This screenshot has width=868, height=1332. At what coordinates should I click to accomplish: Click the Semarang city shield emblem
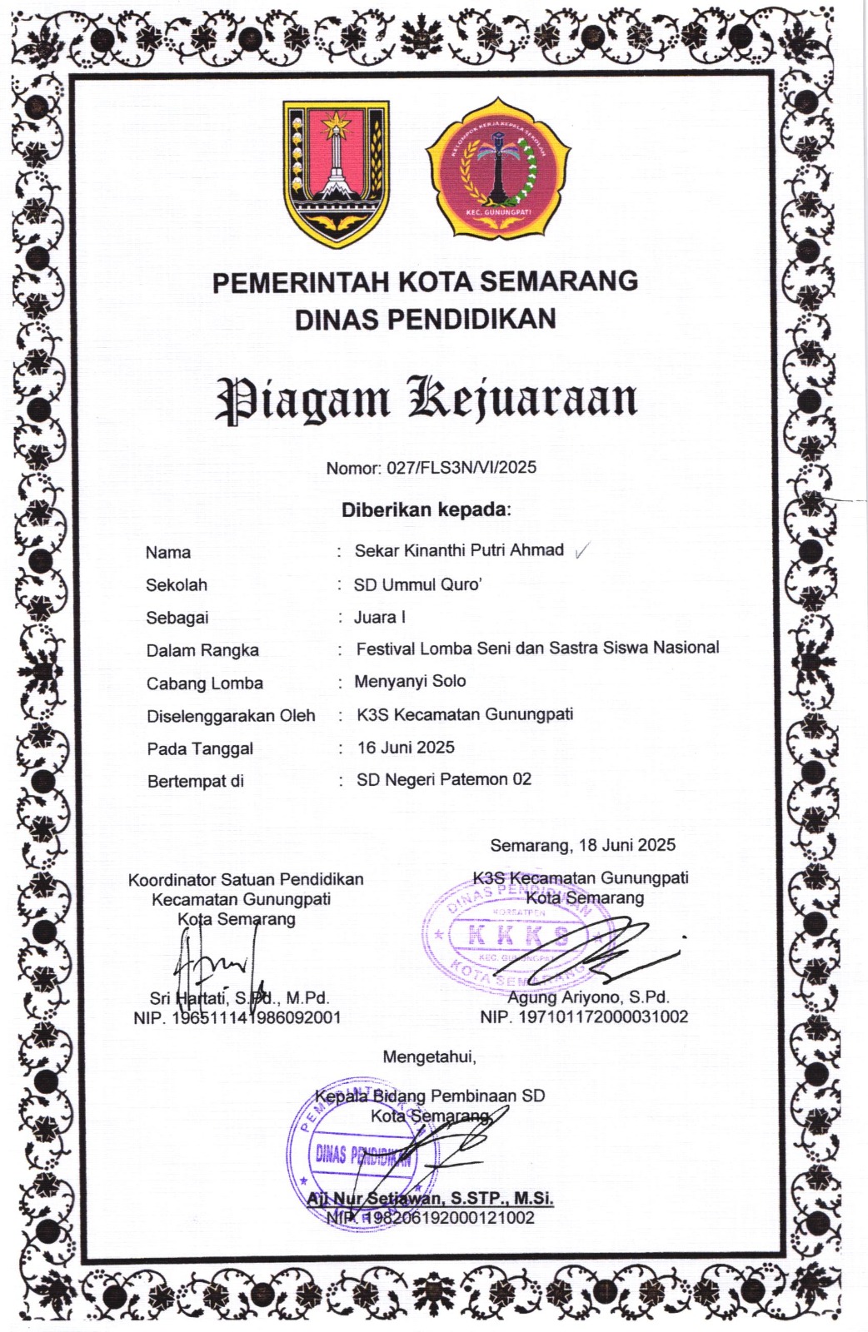336,173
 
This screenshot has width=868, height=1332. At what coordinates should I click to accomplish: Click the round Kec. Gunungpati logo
498,170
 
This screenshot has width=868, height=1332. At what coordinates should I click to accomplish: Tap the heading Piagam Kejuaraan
427,399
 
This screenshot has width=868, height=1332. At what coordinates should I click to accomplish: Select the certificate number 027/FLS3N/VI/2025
461,467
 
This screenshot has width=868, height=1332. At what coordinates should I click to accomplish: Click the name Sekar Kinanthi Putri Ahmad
459,550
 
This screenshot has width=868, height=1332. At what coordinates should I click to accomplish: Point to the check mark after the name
582,550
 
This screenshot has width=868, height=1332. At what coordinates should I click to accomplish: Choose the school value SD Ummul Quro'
417,584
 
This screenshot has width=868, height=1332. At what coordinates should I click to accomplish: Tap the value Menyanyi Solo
410,681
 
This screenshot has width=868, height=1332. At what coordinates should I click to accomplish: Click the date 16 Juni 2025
406,747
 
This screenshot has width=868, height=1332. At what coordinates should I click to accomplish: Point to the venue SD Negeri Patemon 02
444,779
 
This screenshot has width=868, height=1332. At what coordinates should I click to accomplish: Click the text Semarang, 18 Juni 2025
582,845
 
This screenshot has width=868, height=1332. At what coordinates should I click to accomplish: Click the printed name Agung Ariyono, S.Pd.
588,997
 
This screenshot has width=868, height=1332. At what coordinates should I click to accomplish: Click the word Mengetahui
429,1056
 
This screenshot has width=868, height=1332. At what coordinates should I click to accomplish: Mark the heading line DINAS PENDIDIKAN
426,318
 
